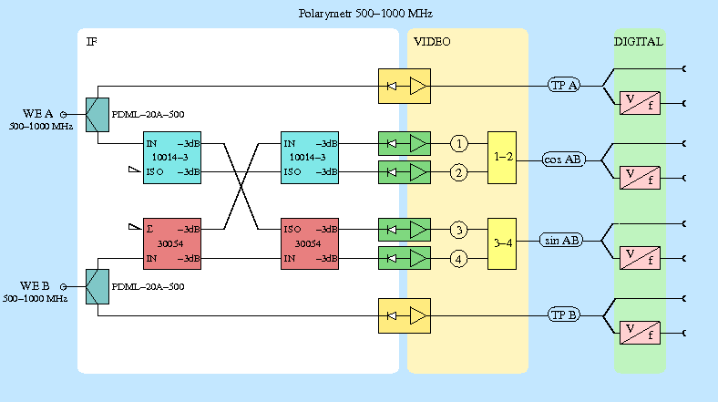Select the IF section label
pyautogui.click(x=91, y=42)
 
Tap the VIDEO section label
pyautogui.click(x=432, y=42)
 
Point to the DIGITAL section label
pyautogui.click(x=638, y=42)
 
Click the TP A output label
pyautogui.click(x=564, y=86)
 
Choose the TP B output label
pyautogui.click(x=564, y=315)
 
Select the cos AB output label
pyautogui.click(x=563, y=159)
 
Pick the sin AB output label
pyautogui.click(x=562, y=241)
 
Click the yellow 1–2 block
pyautogui.click(x=502, y=158)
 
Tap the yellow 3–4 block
pyautogui.click(x=502, y=243)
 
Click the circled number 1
pyautogui.click(x=460, y=144)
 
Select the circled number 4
pyautogui.click(x=460, y=260)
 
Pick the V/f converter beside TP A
pyautogui.click(x=640, y=102)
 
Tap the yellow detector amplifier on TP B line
pyautogui.click(x=405, y=315)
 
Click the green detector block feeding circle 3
pyautogui.click(x=405, y=229)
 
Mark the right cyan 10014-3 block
pyautogui.click(x=311, y=158)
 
